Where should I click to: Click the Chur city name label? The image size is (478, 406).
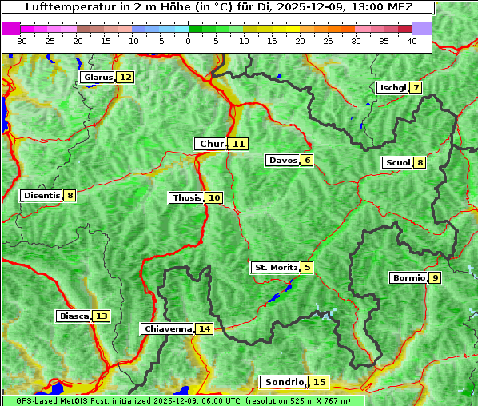point(211,144)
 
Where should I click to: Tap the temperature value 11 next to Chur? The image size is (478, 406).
point(239,144)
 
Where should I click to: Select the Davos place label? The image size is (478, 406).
point(283,161)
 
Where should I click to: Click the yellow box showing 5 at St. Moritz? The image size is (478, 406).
point(308,267)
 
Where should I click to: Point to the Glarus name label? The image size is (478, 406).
point(98,78)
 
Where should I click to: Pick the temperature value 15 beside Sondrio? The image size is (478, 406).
point(320,382)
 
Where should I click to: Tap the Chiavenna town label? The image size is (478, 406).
point(168,328)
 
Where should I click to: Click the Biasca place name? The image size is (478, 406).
point(74,316)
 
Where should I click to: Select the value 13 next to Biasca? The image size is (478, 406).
point(102,316)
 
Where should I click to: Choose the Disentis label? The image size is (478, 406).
point(42,195)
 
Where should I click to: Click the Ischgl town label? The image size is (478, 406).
point(393,87)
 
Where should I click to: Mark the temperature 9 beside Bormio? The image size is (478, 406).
point(435,278)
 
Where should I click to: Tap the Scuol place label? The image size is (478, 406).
point(398,163)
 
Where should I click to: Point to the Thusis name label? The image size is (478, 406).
point(187,197)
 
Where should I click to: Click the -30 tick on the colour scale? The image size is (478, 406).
point(21,41)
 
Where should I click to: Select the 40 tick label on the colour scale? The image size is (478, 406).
point(412,41)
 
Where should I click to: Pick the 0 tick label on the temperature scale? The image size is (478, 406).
point(188,41)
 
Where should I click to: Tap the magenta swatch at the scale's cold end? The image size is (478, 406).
point(11,28)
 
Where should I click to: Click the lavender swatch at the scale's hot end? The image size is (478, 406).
point(422,28)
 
